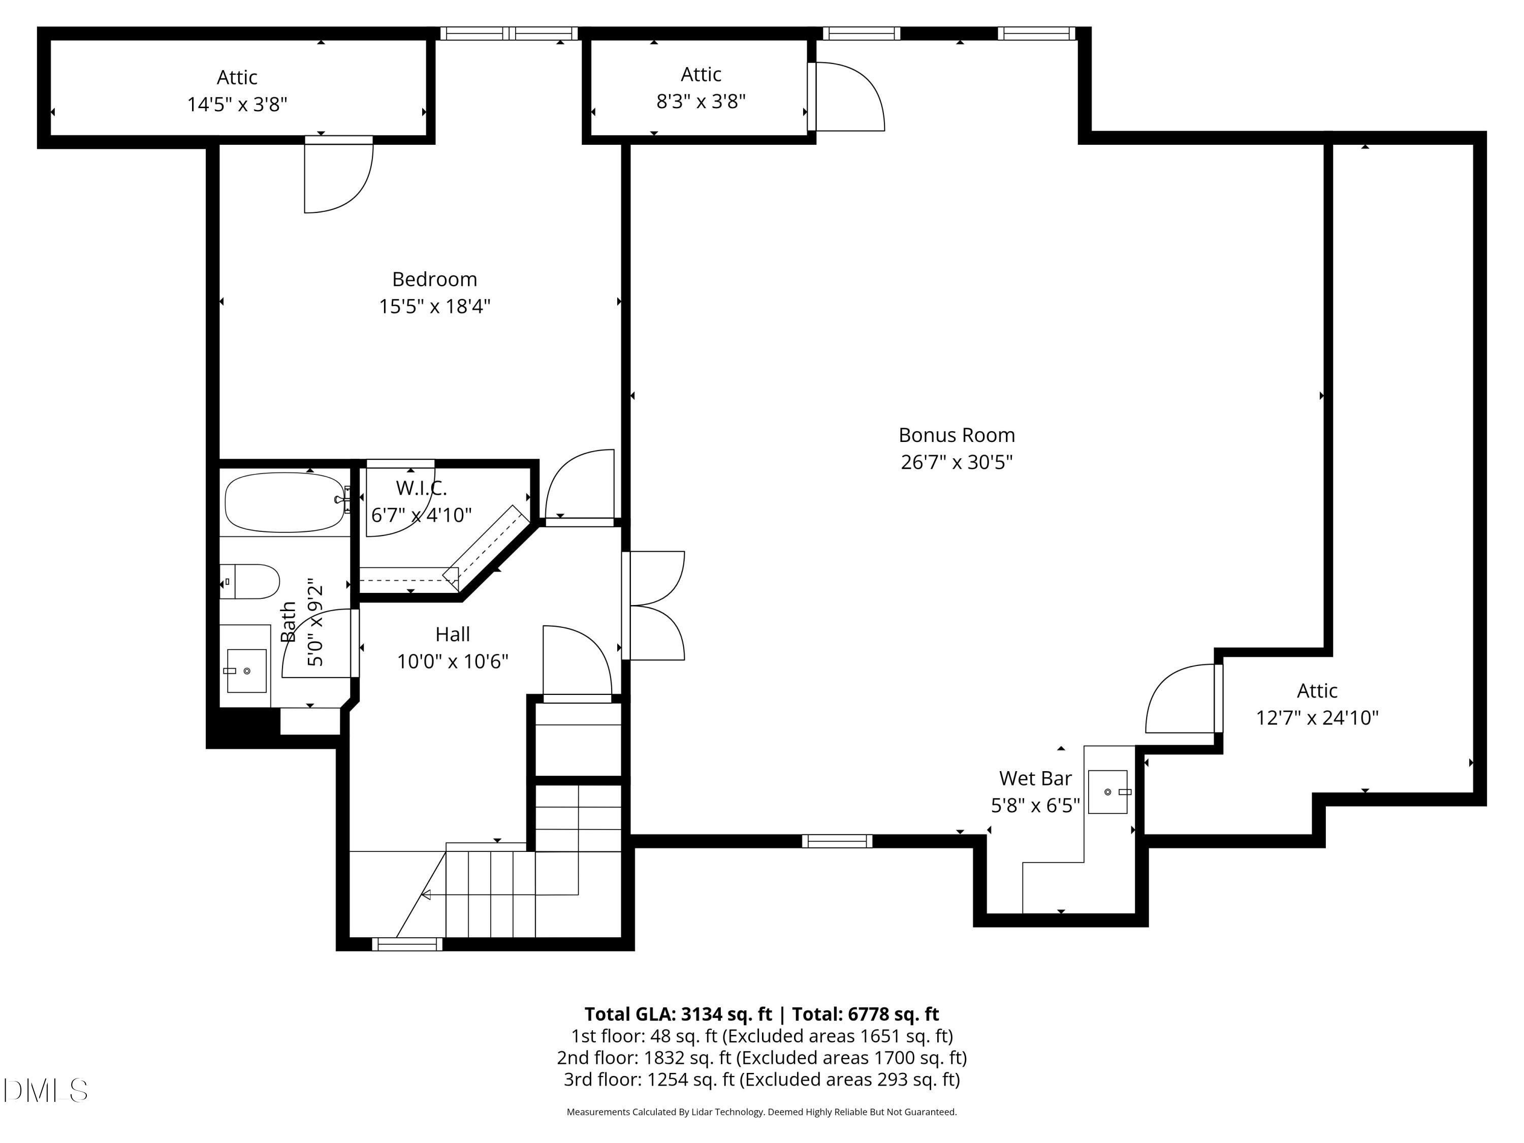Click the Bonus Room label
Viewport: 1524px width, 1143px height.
956,435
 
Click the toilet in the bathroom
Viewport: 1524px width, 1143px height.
251,581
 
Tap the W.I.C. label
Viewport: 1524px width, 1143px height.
421,488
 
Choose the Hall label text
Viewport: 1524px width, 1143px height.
453,634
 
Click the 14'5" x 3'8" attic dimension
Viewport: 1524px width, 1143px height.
237,104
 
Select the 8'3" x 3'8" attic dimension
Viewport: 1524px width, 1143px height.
701,101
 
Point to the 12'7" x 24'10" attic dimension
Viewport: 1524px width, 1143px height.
1317,718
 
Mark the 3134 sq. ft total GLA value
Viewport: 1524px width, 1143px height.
726,1014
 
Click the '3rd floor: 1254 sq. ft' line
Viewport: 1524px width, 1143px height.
761,1079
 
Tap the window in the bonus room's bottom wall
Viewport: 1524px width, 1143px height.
836,841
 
